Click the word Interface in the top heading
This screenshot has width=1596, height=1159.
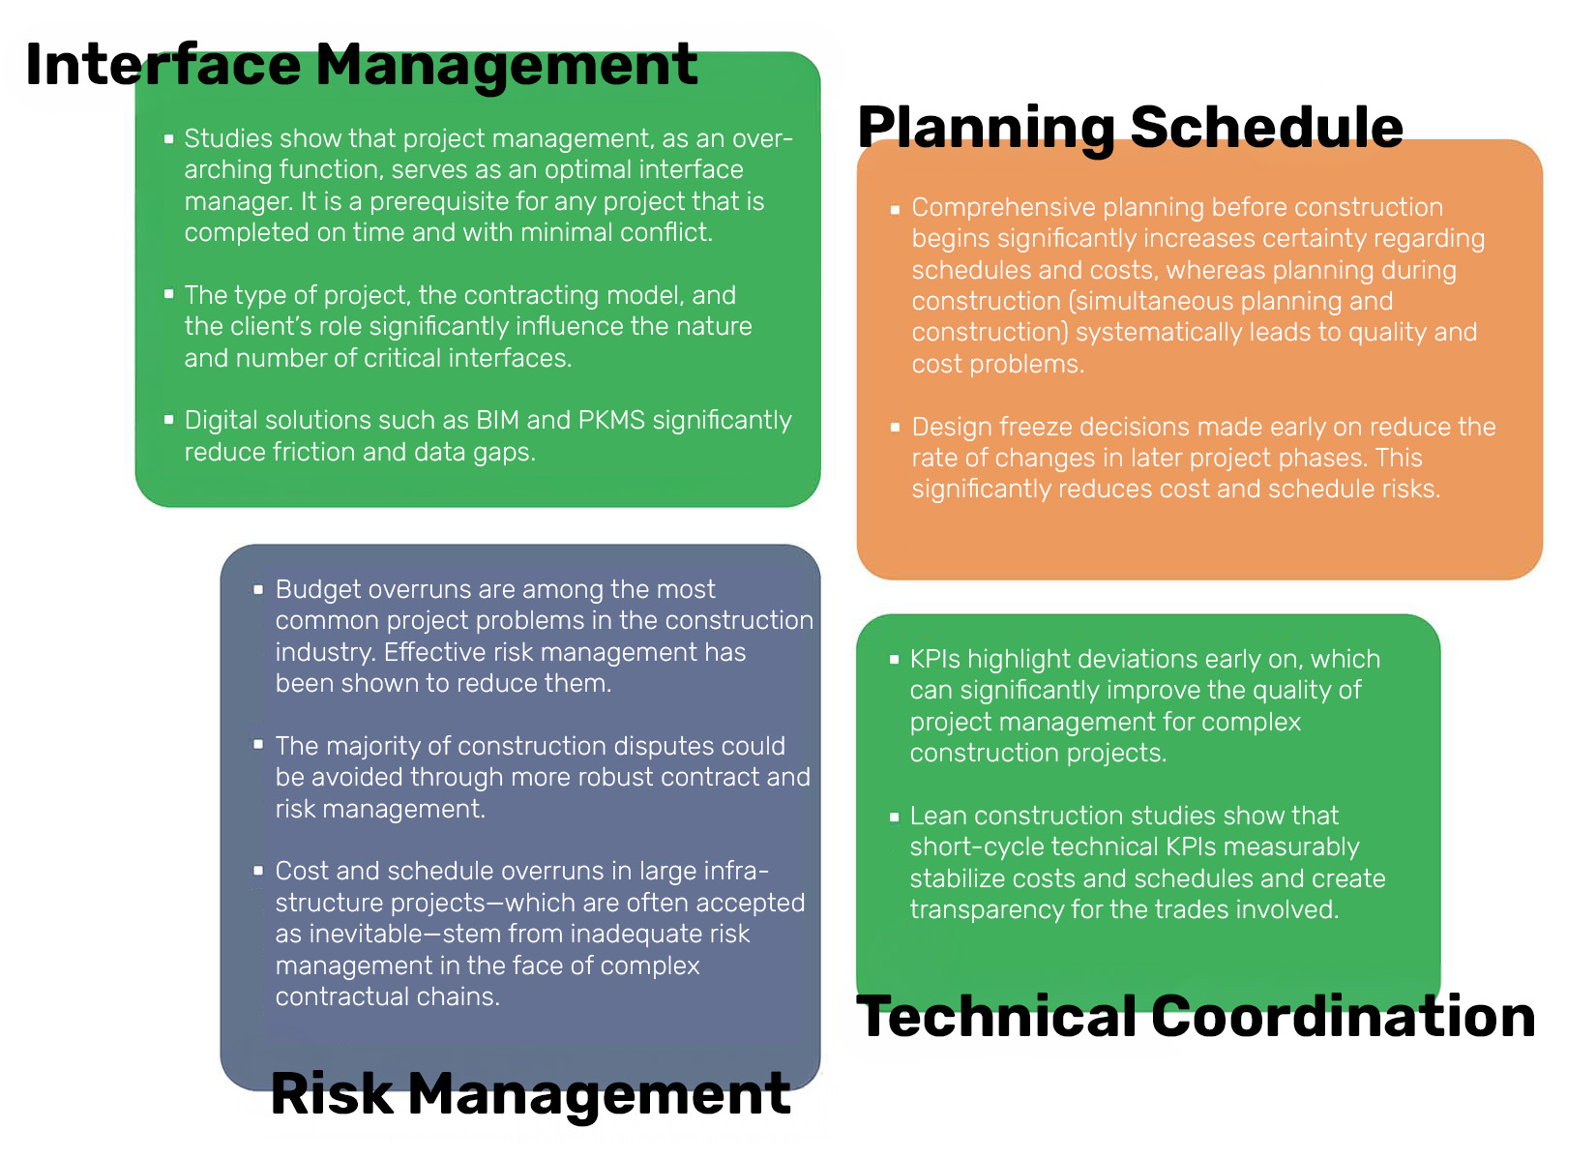point(163,65)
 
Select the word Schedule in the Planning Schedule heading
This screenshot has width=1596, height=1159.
point(1267,129)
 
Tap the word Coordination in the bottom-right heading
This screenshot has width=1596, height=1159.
point(1344,1017)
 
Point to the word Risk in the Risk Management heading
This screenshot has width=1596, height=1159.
point(332,1094)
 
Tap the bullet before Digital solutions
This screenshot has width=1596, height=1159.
point(169,420)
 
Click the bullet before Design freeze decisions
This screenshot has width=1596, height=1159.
point(895,427)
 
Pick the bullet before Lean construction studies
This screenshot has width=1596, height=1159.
point(894,817)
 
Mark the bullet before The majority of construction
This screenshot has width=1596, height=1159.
point(258,745)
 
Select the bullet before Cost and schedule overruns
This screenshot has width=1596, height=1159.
point(258,871)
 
